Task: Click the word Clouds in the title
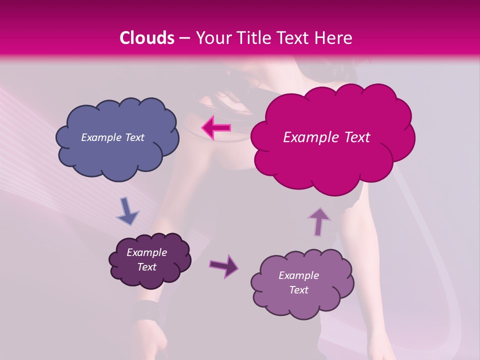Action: (147, 38)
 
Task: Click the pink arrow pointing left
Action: (216, 128)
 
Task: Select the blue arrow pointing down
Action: (127, 210)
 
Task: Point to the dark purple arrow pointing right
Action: (224, 265)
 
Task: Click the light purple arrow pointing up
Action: (319, 221)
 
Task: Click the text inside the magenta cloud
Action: (326, 137)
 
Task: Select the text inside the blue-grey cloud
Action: (112, 137)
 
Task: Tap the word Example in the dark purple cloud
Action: (147, 252)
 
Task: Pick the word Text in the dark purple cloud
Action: (147, 267)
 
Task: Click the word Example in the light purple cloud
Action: (298, 275)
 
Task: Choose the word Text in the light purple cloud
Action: (298, 290)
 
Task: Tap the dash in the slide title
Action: (184, 38)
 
